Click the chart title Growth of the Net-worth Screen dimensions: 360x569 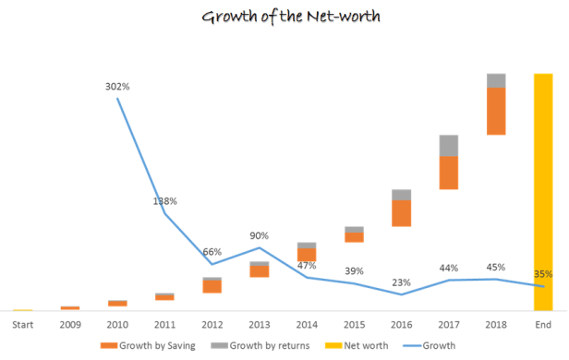[x=284, y=16]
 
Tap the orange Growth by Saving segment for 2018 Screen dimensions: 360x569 [x=496, y=111]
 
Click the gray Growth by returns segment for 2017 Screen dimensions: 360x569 [x=449, y=145]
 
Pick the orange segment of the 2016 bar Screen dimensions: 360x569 [x=401, y=213]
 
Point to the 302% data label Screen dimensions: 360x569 [x=117, y=86]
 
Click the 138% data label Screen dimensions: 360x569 [x=164, y=200]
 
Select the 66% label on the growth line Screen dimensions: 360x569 [x=212, y=251]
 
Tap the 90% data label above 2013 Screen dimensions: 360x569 [x=259, y=234]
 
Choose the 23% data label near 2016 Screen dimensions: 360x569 [x=401, y=282]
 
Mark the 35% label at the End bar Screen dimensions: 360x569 [x=543, y=273]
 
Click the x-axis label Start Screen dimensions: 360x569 [x=22, y=324]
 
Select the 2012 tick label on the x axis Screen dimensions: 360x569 [x=212, y=324]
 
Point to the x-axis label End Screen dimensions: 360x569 [x=543, y=324]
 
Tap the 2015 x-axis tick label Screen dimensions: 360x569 [x=354, y=324]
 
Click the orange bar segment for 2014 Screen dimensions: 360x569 [x=307, y=255]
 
